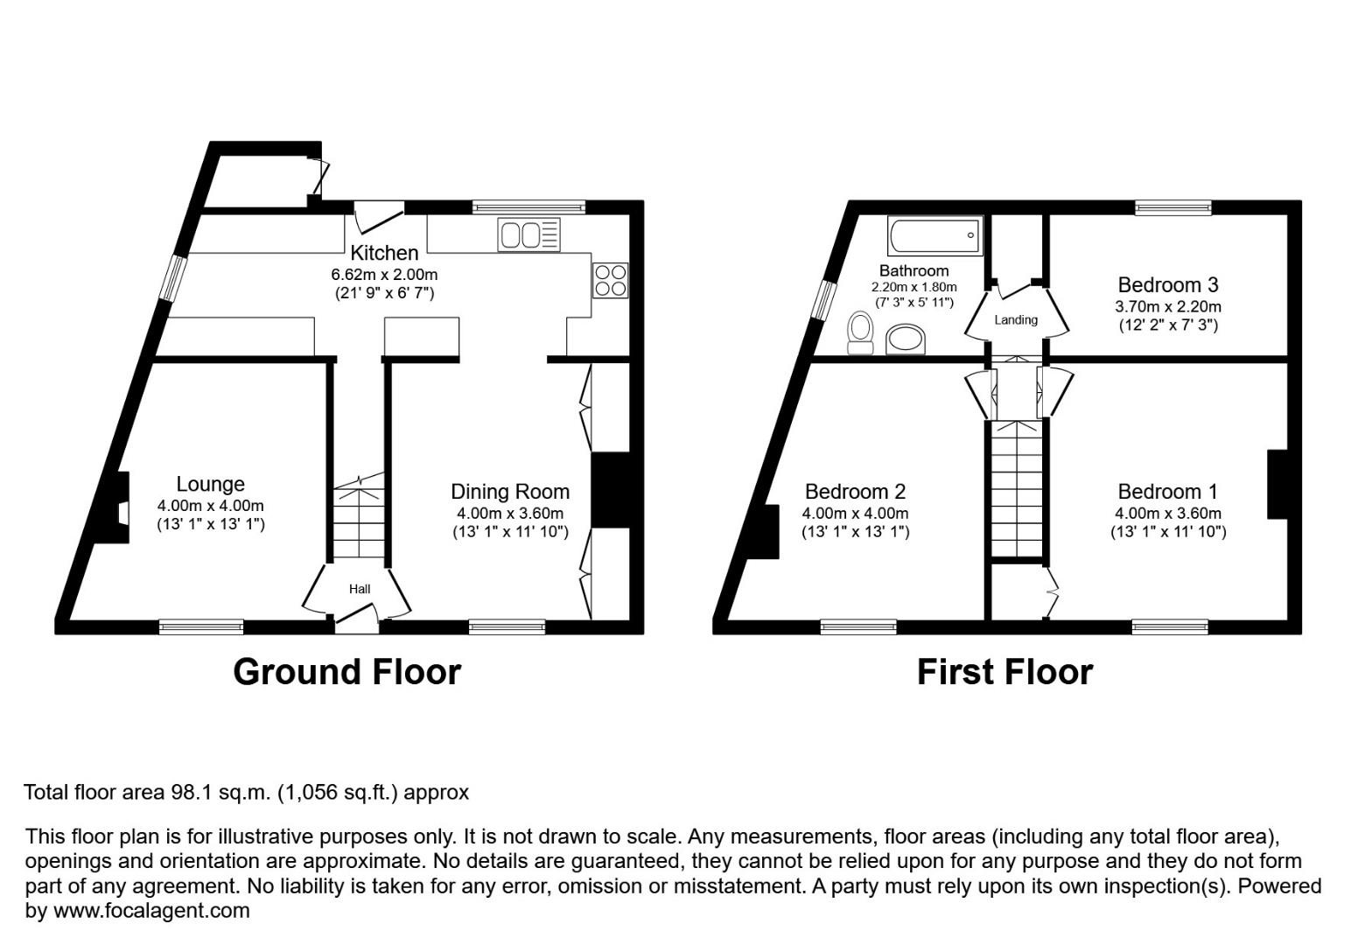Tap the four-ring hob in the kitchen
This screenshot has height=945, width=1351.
tap(610, 280)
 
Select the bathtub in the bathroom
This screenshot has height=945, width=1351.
tap(934, 234)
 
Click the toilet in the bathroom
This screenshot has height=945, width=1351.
tap(861, 333)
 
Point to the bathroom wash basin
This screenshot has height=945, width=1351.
tap(906, 339)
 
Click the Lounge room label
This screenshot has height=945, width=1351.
tap(210, 484)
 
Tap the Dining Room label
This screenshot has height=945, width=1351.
tap(509, 492)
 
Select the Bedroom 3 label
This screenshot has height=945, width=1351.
tap(1167, 284)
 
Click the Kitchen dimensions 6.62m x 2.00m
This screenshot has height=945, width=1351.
tap(383, 274)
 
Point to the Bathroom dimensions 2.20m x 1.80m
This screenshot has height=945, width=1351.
tap(913, 287)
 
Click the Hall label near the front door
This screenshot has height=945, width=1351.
tap(360, 589)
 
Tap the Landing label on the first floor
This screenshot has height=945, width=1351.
tap(1016, 319)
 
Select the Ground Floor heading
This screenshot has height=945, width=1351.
tap(346, 672)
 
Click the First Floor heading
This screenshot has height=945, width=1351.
tap(1004, 672)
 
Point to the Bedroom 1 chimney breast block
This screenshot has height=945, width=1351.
tap(1277, 485)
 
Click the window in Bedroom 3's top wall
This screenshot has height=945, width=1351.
tap(1172, 207)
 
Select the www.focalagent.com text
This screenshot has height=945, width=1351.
tap(151, 911)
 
